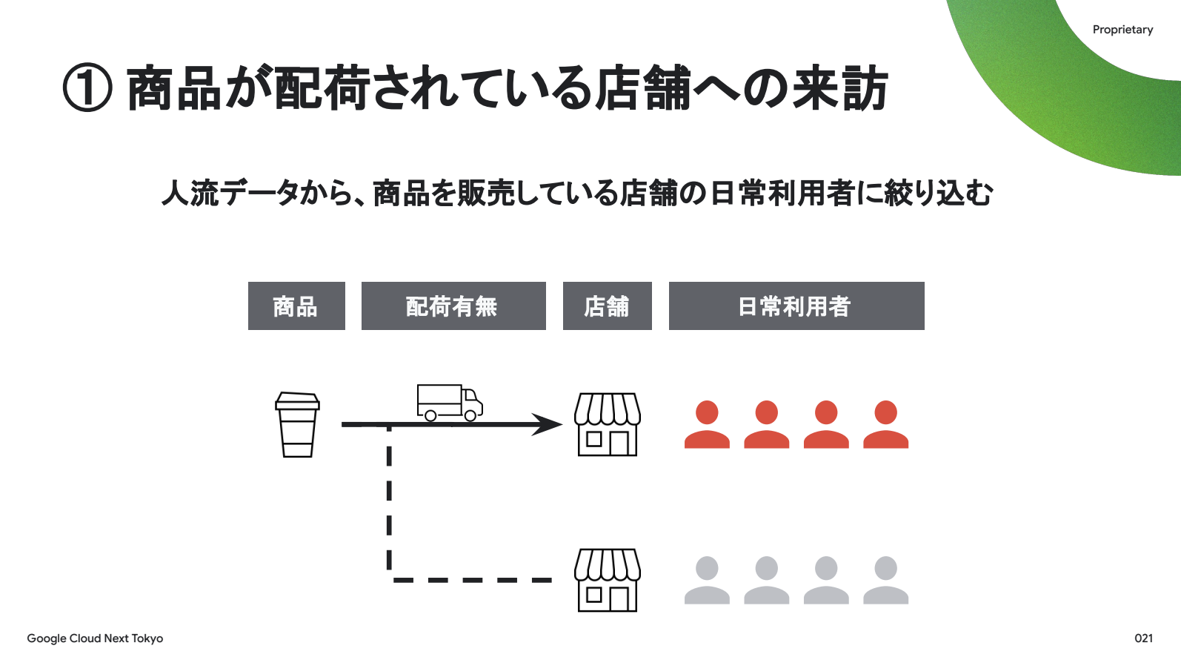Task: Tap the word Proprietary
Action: point(1122,30)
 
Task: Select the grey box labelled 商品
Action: point(296,306)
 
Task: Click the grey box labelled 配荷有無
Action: point(453,306)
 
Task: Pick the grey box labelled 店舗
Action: point(608,306)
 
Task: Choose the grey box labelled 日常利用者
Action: point(796,306)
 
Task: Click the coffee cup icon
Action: point(297,425)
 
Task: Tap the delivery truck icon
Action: point(449,403)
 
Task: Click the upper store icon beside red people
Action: point(608,424)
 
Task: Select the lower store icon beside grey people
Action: point(608,580)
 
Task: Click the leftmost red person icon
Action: point(707,425)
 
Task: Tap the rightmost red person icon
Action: point(885,425)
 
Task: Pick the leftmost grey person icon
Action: point(707,581)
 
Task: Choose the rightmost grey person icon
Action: point(885,581)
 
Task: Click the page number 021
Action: point(1143,638)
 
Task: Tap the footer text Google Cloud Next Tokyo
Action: point(95,639)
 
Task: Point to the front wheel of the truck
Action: point(470,416)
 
